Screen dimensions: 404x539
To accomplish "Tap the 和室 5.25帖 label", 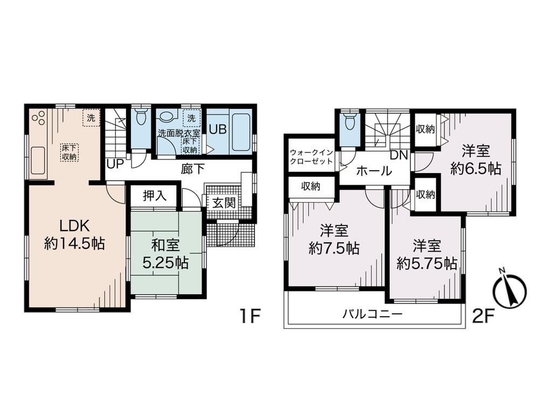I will (x=165, y=255).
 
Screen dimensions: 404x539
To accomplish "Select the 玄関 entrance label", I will (x=223, y=205).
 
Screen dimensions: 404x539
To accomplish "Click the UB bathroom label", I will (x=218, y=129).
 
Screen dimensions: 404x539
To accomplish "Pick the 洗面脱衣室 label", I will (x=178, y=133).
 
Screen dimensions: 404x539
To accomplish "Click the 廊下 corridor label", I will (x=192, y=169).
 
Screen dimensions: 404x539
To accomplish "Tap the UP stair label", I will (x=115, y=164).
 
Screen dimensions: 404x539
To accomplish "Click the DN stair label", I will (x=399, y=155).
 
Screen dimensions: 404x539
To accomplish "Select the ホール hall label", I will (x=374, y=172).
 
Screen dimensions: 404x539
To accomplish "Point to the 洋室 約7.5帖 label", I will (x=334, y=240).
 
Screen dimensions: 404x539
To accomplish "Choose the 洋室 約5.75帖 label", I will (x=427, y=255).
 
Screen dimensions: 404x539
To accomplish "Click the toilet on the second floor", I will (x=350, y=121).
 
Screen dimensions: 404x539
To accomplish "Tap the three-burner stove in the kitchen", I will (x=38, y=118).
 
